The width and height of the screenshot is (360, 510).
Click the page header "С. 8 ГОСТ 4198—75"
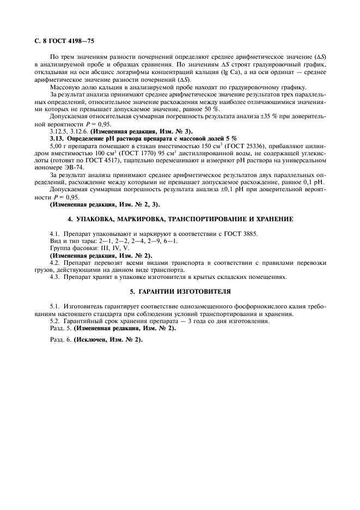click(x=63, y=40)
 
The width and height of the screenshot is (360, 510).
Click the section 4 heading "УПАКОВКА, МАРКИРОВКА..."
click(x=180, y=218)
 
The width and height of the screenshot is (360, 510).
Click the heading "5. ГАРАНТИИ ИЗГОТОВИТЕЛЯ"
click(x=180, y=292)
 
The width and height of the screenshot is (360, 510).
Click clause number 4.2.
click(x=55, y=263)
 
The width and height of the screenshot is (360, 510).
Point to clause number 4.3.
click(x=55, y=277)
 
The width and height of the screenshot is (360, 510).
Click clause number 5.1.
click(x=55, y=306)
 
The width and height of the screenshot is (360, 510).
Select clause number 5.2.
click(x=55, y=321)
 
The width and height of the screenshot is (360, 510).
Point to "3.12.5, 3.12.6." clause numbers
click(x=69, y=132)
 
